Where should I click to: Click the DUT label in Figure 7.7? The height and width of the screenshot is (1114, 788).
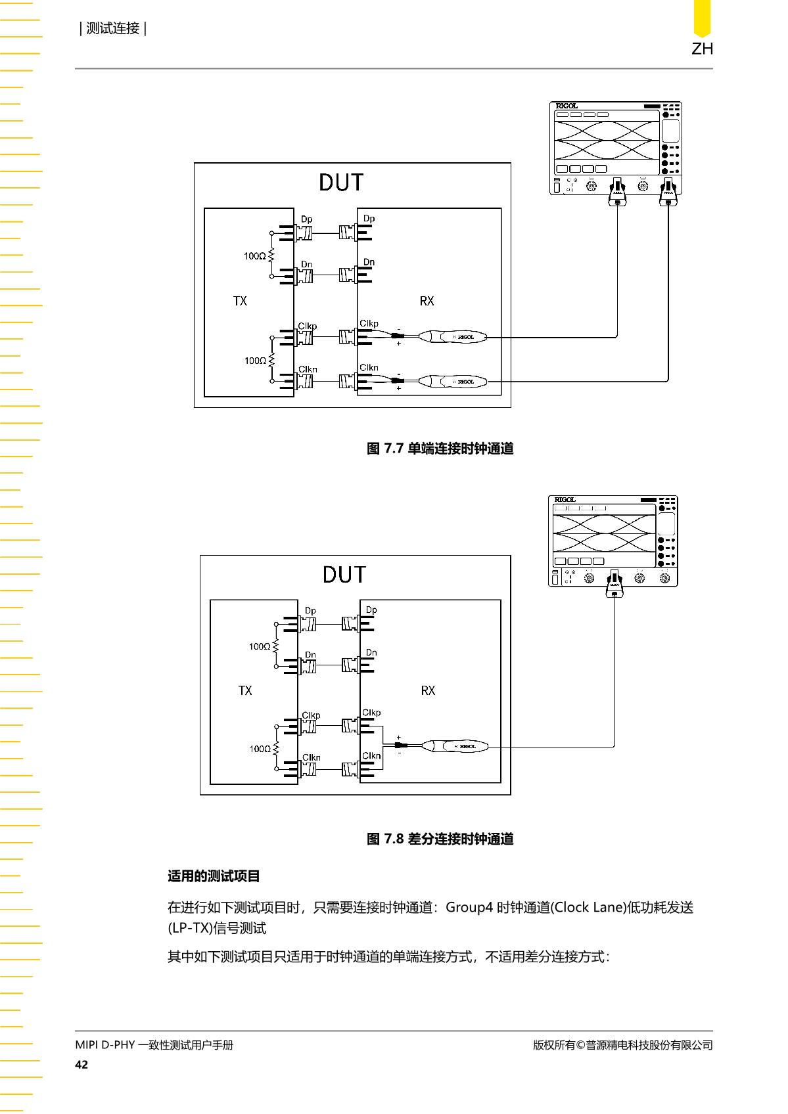tap(341, 183)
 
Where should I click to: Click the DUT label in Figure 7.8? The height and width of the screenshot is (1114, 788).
tap(344, 575)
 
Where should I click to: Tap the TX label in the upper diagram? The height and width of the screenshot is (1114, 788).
tap(240, 301)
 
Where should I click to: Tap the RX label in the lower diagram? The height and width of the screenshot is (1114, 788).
tap(428, 690)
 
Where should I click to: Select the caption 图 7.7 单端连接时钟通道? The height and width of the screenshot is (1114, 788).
tap(440, 449)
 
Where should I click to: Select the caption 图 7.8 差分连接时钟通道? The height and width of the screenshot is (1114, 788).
tap(440, 839)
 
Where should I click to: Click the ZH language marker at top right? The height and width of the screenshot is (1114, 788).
tap(702, 49)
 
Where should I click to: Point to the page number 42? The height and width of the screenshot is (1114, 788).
tap(81, 1064)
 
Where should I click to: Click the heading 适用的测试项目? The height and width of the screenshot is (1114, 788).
tap(214, 876)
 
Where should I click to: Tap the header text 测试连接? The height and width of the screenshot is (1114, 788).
tap(113, 28)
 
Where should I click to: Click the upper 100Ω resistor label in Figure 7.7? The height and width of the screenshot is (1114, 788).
tap(254, 256)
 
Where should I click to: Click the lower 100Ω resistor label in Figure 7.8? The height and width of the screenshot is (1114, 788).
tap(260, 749)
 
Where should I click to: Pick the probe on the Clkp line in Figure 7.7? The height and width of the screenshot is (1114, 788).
tap(452, 337)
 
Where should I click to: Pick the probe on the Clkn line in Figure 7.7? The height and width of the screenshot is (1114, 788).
tap(452, 382)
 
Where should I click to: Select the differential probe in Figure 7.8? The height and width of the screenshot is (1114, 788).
tap(455, 746)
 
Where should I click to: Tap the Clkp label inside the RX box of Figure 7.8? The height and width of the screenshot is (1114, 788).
tap(371, 713)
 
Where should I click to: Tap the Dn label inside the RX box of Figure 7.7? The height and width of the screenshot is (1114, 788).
tap(369, 262)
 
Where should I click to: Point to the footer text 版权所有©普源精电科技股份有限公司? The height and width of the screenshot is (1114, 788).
tap(623, 1045)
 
